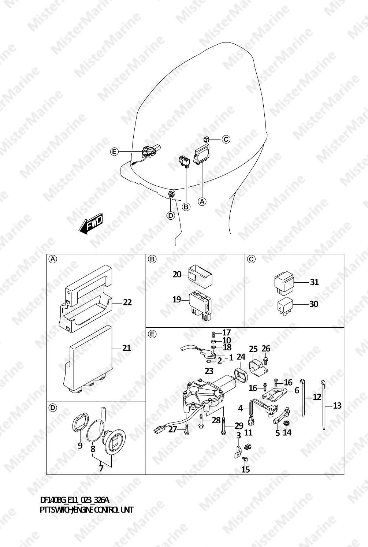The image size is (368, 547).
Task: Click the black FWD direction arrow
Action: point(90,223)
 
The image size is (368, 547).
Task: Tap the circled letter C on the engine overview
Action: point(226,139)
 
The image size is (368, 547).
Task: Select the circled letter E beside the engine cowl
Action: point(114,152)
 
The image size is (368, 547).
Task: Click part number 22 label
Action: point(127,302)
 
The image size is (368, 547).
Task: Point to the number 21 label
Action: point(126,348)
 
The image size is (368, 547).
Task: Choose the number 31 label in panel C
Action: point(314,282)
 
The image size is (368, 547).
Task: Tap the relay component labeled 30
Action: point(285,306)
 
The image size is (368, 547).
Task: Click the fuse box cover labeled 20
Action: point(200,276)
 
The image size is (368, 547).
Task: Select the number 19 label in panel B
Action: point(177,299)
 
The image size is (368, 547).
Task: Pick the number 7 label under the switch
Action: point(101,468)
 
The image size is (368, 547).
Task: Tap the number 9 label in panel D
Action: point(80,446)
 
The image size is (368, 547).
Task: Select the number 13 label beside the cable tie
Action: point(337,406)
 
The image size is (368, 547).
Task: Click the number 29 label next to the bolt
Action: point(239,426)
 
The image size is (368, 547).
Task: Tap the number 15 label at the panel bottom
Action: point(246,469)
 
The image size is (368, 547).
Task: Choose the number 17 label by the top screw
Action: point(226,332)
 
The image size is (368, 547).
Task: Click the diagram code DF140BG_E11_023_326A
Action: point(74,501)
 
